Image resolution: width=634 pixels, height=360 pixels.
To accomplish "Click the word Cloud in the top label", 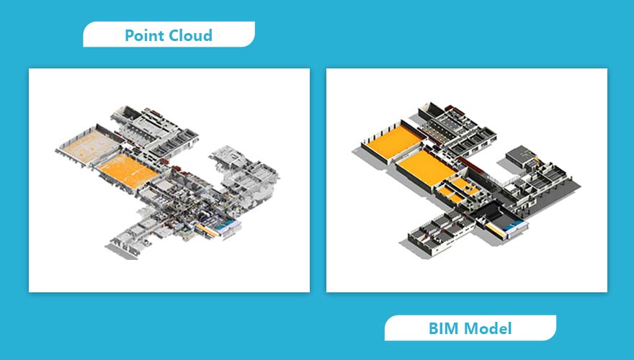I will tap(192, 35).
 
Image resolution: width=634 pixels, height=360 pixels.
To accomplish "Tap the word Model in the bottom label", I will tap(488, 329).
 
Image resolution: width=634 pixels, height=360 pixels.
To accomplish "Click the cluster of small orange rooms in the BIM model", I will tap(456, 193).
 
